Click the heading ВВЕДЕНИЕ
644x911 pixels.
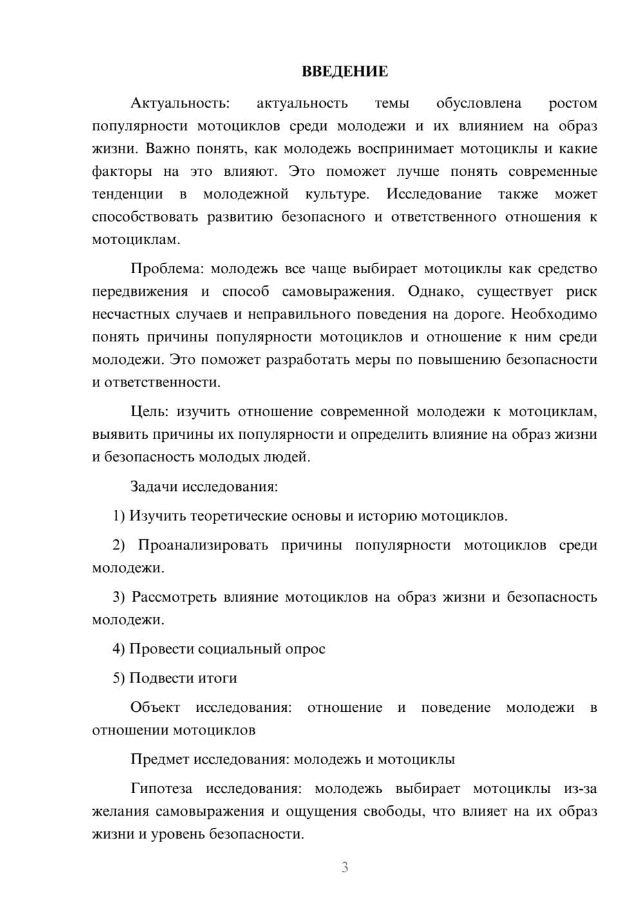345,72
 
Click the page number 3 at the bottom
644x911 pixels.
345,867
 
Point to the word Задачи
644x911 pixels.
154,486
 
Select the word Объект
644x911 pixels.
155,707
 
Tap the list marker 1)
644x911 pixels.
118,516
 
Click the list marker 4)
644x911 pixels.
118,649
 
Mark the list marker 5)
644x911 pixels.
118,678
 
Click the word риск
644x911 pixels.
582,291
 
